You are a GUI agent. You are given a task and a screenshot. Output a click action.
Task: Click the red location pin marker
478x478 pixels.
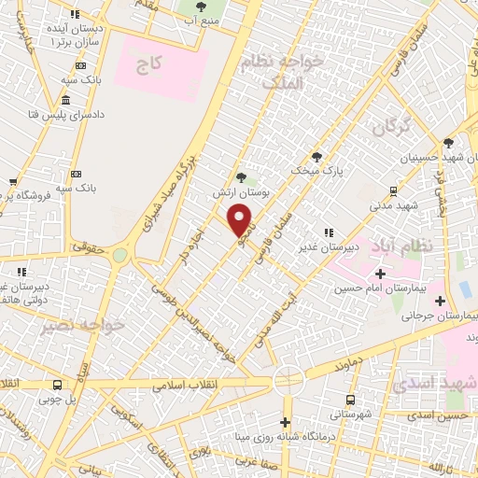(241, 219)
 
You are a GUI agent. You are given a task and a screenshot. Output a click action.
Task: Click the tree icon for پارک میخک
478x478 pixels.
(317, 156)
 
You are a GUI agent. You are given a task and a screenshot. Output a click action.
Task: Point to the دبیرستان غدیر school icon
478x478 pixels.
(328, 232)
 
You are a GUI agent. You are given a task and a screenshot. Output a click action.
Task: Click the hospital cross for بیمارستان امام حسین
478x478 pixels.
(380, 274)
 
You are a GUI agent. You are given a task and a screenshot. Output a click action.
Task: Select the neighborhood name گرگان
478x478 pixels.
(391, 129)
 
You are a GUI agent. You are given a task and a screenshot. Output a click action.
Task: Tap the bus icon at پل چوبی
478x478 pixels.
(58, 385)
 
